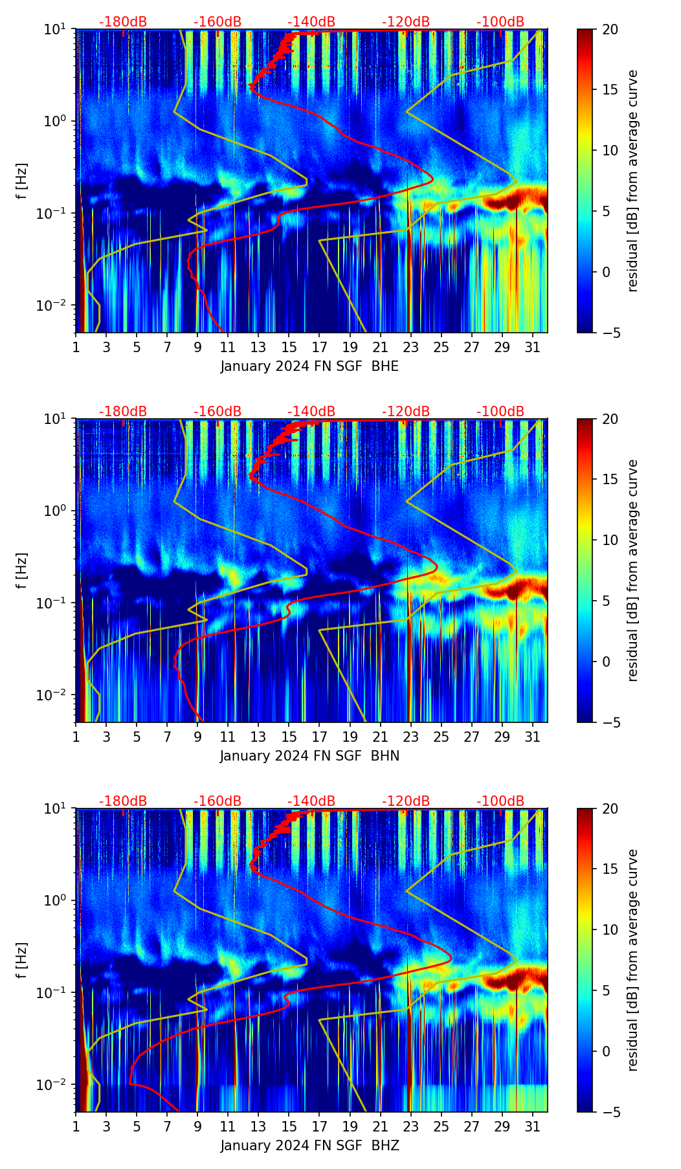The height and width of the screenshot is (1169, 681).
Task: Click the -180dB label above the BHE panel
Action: pos(123,22)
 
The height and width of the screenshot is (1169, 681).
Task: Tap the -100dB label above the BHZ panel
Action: pos(500,801)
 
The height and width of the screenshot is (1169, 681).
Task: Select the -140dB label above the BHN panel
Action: pos(311,412)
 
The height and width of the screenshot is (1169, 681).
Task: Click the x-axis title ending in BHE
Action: pos(309,366)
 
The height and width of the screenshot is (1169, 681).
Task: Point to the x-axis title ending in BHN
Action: pos(309,756)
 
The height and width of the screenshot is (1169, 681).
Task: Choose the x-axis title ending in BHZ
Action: pos(309,1146)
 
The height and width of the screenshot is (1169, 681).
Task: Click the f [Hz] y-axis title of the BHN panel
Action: pos(22,570)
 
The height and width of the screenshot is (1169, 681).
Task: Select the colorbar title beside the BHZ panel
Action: pos(633,960)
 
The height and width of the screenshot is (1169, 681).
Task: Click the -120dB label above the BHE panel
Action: pos(406,22)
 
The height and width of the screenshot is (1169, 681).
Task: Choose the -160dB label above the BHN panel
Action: pos(218,412)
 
